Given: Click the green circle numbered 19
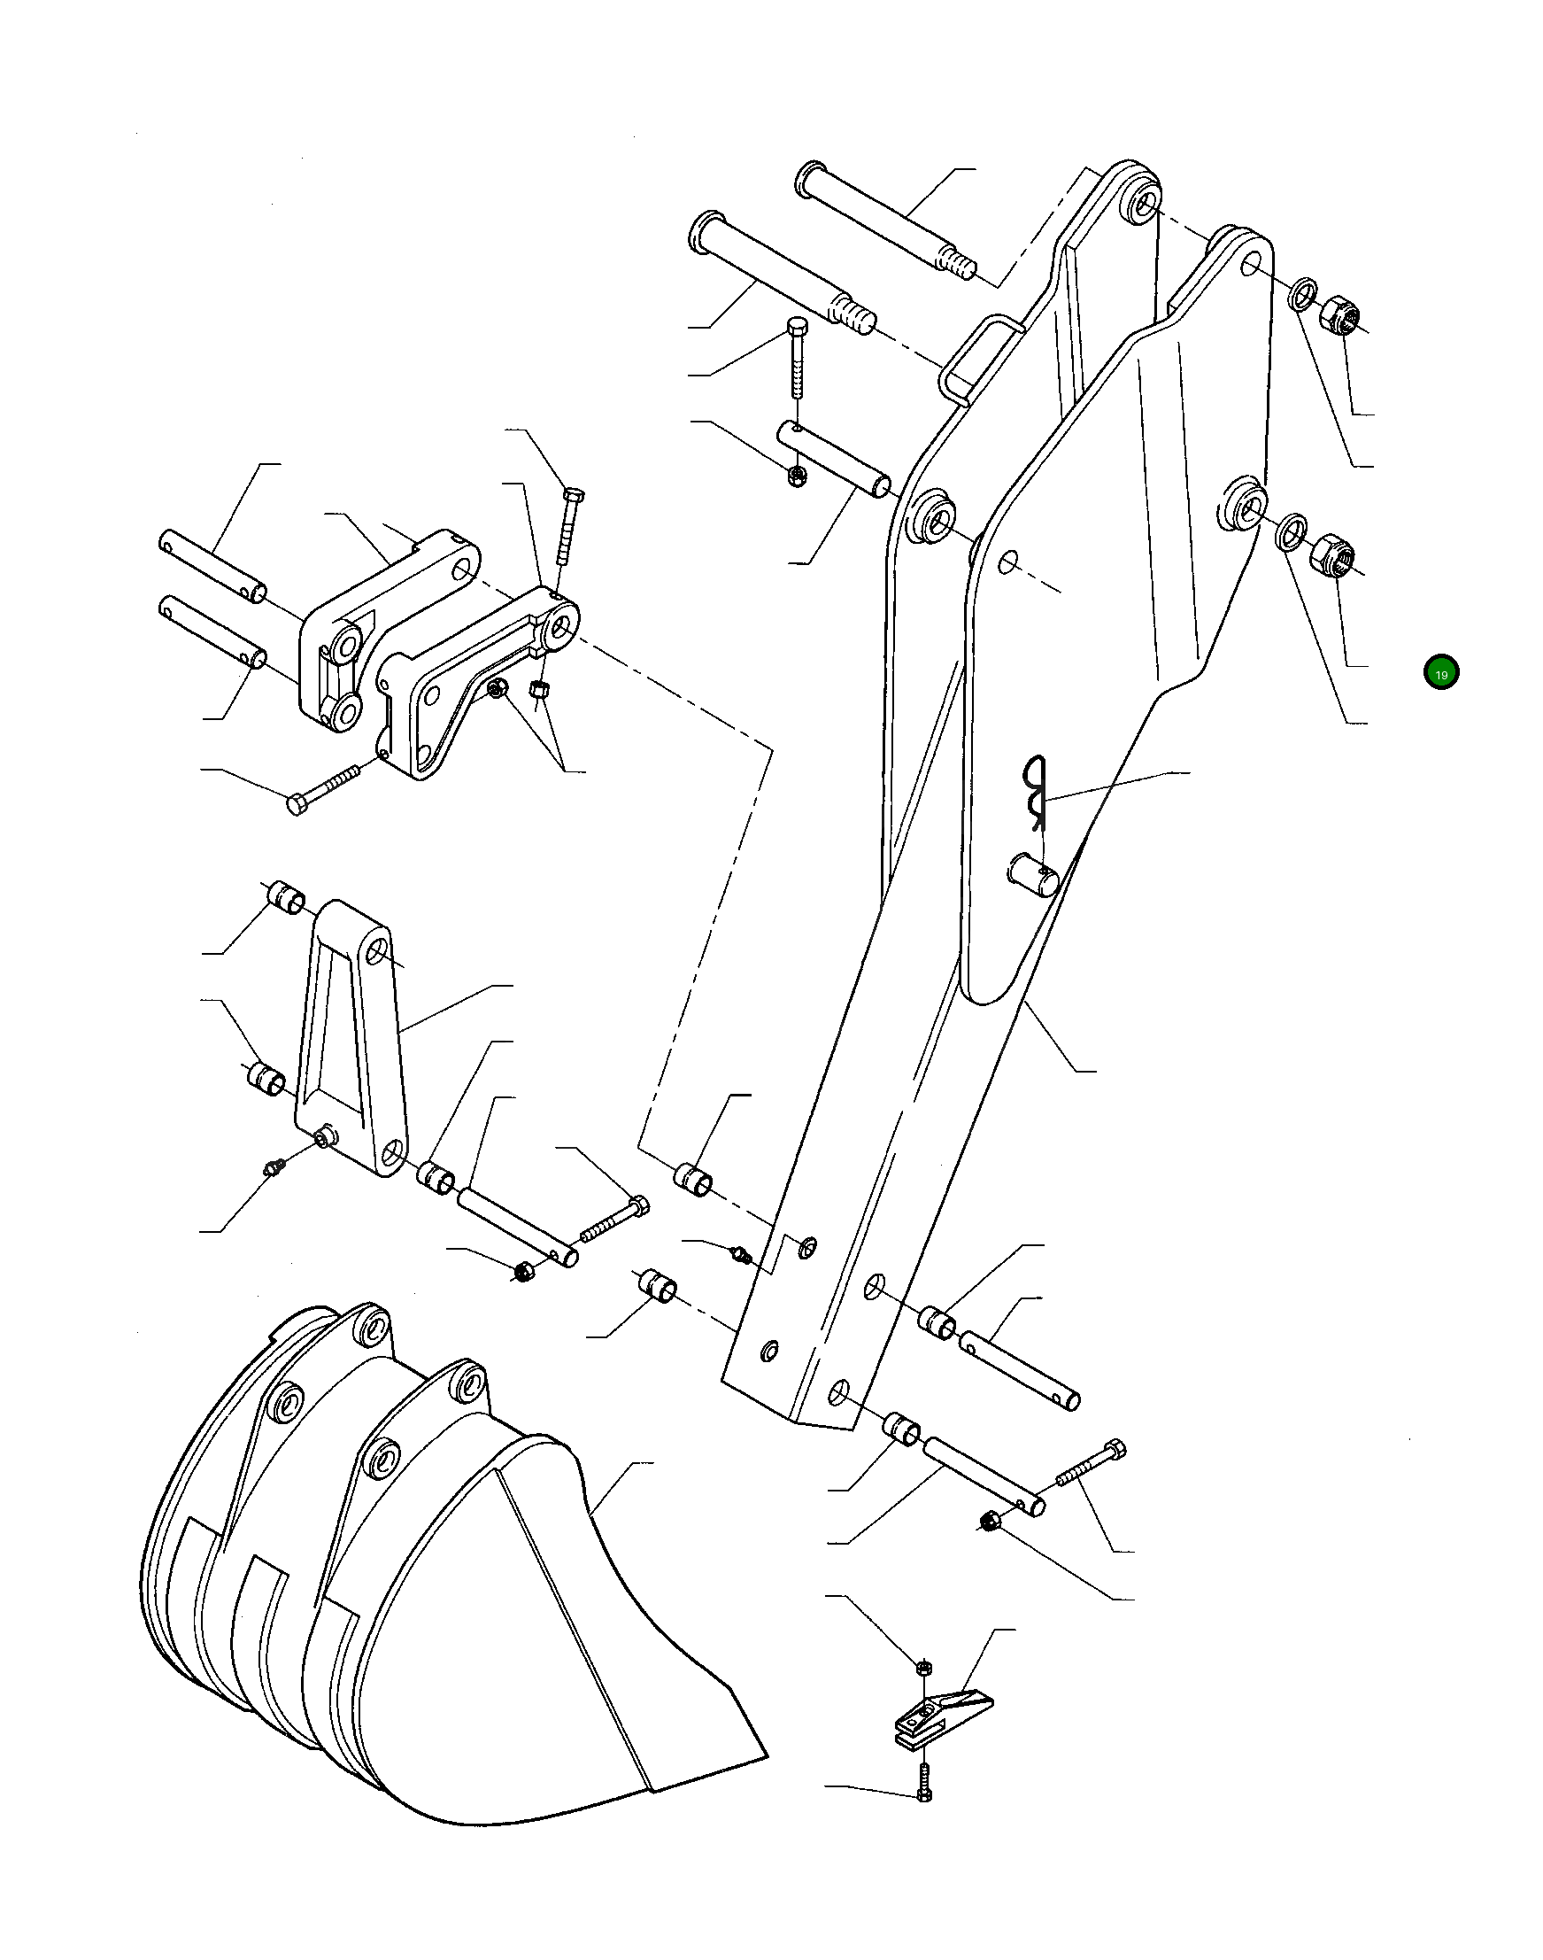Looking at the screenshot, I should [1441, 673].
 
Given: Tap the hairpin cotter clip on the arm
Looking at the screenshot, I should [1034, 791].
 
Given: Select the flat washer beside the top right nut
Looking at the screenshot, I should [1299, 294].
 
